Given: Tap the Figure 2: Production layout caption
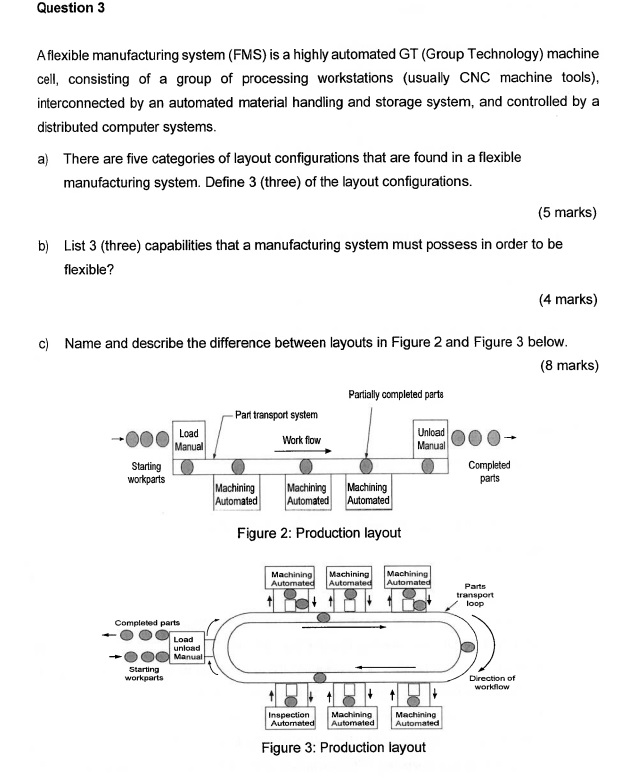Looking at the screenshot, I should pos(318,533).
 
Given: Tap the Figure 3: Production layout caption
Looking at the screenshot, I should pos(343,748).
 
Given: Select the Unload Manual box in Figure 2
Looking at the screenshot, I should pos(431,437).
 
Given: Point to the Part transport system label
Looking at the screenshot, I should pos(277,414).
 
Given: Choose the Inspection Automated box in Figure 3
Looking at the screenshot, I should pos(290,719).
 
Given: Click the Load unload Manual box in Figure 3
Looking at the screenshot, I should pos(187,647).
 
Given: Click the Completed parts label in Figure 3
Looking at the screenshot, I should pos(145,622).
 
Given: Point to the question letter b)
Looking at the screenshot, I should pos(43,244).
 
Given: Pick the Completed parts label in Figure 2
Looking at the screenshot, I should pos(489,471).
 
